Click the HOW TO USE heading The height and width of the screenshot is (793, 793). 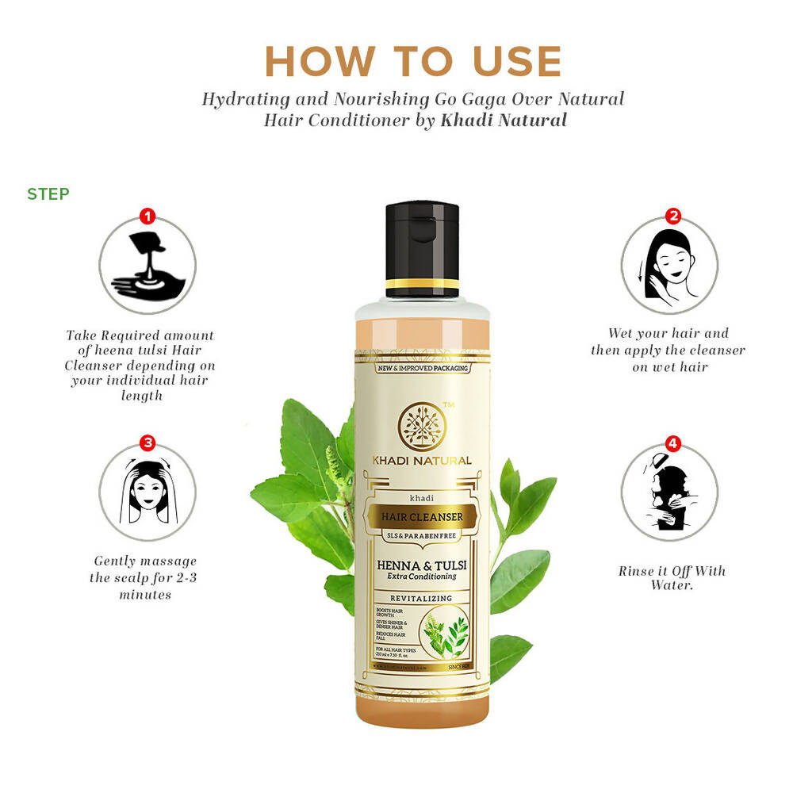point(412,62)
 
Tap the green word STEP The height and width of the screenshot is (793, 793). point(48,194)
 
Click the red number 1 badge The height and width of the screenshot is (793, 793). point(147,216)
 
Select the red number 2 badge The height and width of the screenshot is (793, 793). point(672,216)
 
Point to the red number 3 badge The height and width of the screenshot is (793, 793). point(147,442)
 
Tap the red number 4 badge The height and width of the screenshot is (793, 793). point(672,442)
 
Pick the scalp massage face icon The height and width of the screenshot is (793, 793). point(147,492)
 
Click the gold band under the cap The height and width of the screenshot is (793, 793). point(422,283)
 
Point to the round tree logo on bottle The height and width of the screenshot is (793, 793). point(422,426)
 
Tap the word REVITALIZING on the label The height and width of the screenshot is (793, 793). point(422,597)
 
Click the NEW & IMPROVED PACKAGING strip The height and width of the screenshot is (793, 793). point(422,368)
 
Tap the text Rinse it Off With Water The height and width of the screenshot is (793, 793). point(672,577)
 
